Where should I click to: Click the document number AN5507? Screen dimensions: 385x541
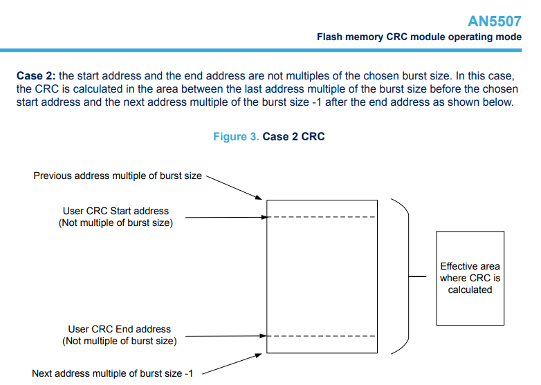[495, 21]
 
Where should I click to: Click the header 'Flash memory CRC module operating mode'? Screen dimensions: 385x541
[419, 37]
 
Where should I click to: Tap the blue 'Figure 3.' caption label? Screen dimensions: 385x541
[235, 137]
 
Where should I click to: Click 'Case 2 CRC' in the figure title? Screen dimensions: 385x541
[293, 137]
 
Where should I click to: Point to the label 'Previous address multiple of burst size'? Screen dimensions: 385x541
[118, 176]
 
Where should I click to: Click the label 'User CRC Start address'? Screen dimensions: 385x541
[116, 211]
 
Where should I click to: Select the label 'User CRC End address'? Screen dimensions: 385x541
[119, 329]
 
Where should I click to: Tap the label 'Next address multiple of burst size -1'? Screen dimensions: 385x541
[112, 373]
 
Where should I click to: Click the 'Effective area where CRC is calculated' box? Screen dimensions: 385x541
[470, 278]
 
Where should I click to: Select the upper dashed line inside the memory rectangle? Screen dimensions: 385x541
[321, 218]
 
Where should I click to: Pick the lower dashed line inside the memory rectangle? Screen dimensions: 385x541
[321, 337]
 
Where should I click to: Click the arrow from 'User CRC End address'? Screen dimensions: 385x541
[225, 337]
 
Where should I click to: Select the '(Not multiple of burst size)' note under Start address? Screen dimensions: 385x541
[116, 223]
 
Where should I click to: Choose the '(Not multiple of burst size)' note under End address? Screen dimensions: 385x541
[119, 341]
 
